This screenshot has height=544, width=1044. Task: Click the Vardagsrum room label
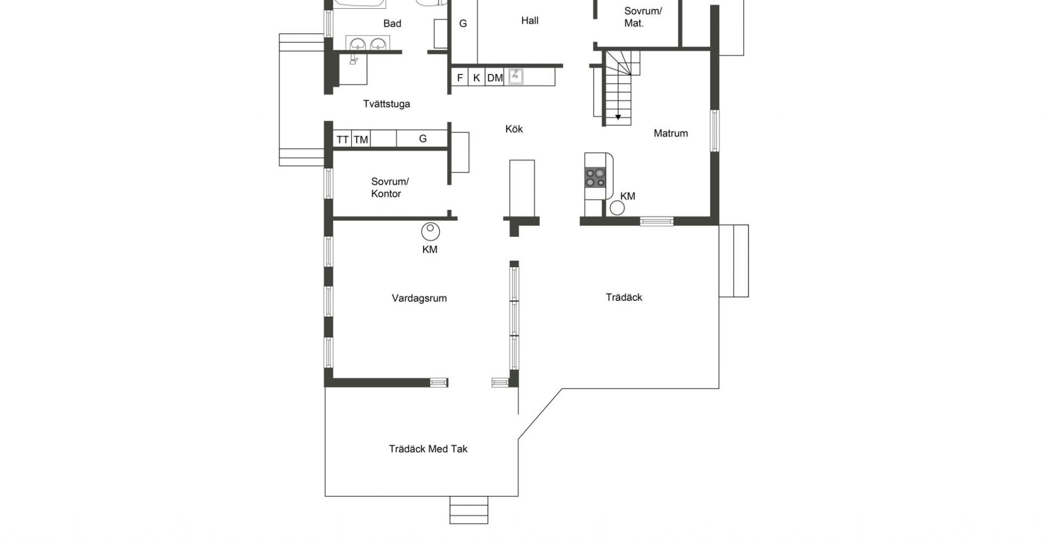click(x=419, y=298)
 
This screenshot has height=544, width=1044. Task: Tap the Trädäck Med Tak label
click(x=428, y=449)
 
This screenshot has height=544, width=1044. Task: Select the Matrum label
click(x=670, y=133)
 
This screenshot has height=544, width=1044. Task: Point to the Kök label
click(x=514, y=129)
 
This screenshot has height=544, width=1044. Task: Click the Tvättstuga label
click(x=387, y=104)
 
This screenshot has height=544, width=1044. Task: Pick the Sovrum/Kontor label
click(x=390, y=188)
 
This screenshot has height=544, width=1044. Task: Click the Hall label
click(x=530, y=21)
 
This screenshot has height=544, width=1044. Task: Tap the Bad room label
click(x=392, y=23)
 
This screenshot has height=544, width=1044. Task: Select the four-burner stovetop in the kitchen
click(x=595, y=177)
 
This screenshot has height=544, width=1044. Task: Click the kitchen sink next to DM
click(x=515, y=77)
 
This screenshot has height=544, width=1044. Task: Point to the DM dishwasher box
click(x=495, y=78)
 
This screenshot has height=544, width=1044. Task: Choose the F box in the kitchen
click(x=460, y=78)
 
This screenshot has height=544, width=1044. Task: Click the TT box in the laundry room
click(x=343, y=139)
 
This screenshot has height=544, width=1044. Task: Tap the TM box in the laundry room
click(x=361, y=139)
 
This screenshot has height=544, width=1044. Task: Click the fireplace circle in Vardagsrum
click(x=431, y=231)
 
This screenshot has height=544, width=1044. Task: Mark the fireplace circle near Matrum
click(x=617, y=208)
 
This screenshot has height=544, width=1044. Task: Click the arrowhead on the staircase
click(x=618, y=117)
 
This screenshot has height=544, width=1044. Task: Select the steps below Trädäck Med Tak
click(x=469, y=510)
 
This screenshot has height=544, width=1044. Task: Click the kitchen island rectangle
click(x=522, y=188)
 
